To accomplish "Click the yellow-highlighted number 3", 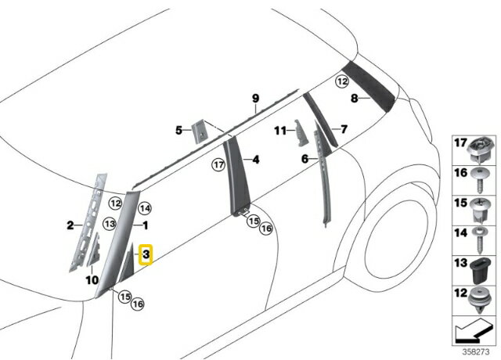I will [146, 254].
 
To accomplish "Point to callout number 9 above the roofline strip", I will [255, 98].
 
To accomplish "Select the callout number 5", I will [178, 130].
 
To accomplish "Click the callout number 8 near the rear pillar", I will [354, 99].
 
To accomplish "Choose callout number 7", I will [342, 128].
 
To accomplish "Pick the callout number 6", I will [305, 158].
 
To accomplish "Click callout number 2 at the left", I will [69, 225].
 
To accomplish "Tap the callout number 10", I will [91, 279].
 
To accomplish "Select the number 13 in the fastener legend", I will [460, 262].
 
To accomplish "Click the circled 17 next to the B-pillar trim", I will [219, 165].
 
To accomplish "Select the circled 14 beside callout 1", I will [145, 209].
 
